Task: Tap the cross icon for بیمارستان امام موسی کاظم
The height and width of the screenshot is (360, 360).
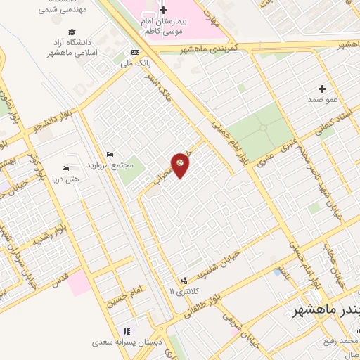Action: click(164, 11)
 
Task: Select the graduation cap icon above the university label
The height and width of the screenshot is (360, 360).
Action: click(72, 32)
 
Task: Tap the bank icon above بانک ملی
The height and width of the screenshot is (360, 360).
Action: click(136, 53)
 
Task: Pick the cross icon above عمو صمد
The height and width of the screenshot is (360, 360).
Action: click(323, 89)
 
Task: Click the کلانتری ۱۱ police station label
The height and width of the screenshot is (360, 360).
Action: click(184, 290)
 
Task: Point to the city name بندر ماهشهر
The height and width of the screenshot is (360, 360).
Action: click(328, 310)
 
